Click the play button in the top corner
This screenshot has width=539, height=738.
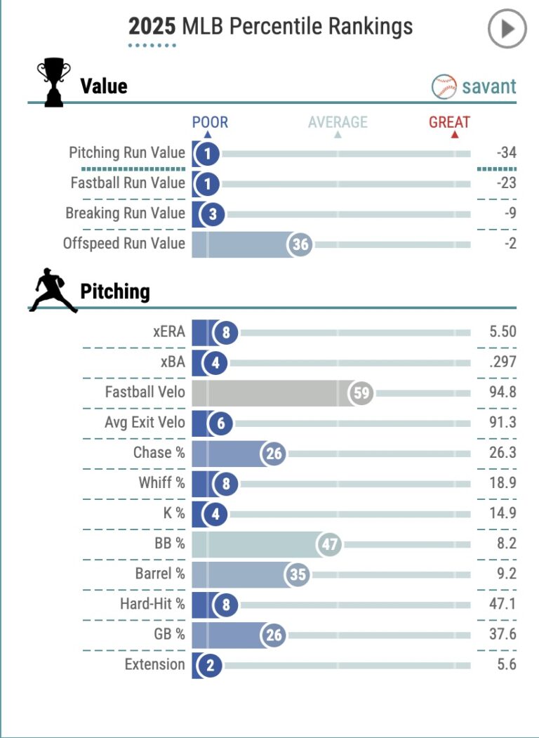point(507,29)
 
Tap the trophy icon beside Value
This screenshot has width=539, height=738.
point(53,84)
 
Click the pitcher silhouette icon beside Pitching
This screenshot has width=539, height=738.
point(53,289)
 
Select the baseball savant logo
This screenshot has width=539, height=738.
point(474,87)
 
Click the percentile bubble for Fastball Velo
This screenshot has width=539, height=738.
point(361,393)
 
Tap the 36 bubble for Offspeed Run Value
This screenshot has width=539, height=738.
point(300,244)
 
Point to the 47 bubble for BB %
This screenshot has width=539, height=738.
point(328,544)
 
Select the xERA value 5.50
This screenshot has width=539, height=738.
point(503,332)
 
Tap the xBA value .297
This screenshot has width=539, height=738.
point(503,362)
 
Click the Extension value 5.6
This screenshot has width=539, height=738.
point(506,664)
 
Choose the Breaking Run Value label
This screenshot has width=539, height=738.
point(126,213)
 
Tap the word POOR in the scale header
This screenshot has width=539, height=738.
point(210,122)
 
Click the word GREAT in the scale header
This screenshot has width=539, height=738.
point(449,122)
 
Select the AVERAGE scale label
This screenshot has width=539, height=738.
point(338,122)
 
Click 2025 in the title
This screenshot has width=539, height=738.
point(152,27)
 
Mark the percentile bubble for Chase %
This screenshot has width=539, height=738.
point(274,454)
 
